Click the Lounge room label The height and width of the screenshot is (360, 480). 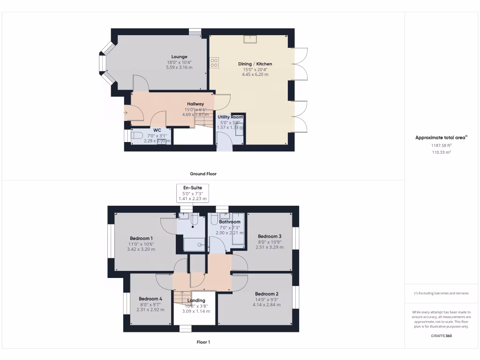pyautogui.click(x=179, y=57)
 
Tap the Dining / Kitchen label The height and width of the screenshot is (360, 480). pyautogui.click(x=255, y=64)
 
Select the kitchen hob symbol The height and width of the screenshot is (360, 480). pyautogui.click(x=215, y=63)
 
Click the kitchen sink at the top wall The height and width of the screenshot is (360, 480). pyautogui.click(x=250, y=39)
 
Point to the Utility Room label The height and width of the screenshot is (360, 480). pyautogui.click(x=230, y=117)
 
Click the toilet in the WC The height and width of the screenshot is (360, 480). pyautogui.click(x=136, y=136)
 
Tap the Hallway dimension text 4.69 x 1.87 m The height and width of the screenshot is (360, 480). pyautogui.click(x=195, y=114)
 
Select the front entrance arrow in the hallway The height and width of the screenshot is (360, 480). pyautogui.click(x=125, y=112)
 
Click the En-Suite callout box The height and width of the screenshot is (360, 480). pyautogui.click(x=193, y=193)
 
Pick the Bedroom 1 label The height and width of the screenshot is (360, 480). pyautogui.click(x=141, y=238)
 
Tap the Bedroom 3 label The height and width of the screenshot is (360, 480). pyautogui.click(x=270, y=236)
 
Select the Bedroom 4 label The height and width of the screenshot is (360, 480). pyautogui.click(x=150, y=299)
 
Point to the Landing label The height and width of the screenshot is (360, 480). pyautogui.click(x=196, y=300)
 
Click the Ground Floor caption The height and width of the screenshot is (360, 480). pyautogui.click(x=203, y=174)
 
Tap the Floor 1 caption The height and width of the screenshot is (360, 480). pyautogui.click(x=203, y=342)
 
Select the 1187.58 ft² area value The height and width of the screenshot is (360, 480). pyautogui.click(x=441, y=145)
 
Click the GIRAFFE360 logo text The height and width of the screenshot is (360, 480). pyautogui.click(x=441, y=336)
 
